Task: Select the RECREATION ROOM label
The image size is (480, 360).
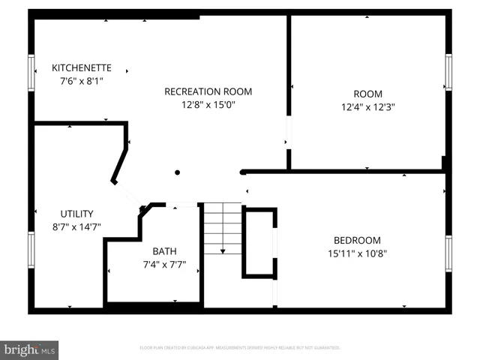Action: point(208,91)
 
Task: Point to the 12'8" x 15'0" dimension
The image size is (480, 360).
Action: point(208,105)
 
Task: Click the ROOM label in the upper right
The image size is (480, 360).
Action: point(367,94)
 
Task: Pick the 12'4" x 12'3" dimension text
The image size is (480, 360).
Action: point(367,107)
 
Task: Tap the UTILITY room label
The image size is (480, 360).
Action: point(76,214)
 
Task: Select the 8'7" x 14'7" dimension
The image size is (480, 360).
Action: point(76,226)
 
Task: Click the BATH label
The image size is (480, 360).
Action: point(164,251)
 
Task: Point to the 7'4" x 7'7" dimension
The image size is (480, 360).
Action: point(164,264)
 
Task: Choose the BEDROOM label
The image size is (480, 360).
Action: point(357,240)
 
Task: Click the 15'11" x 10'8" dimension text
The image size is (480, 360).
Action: point(357,253)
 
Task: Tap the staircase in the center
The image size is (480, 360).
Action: point(223,229)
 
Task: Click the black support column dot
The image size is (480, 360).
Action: point(178,172)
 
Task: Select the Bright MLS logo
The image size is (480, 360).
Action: point(30,349)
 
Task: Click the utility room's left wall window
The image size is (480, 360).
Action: point(31,253)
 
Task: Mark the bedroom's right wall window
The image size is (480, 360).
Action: point(448,253)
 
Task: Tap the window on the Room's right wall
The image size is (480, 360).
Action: point(448,72)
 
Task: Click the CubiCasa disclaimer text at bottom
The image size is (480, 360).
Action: point(240,348)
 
